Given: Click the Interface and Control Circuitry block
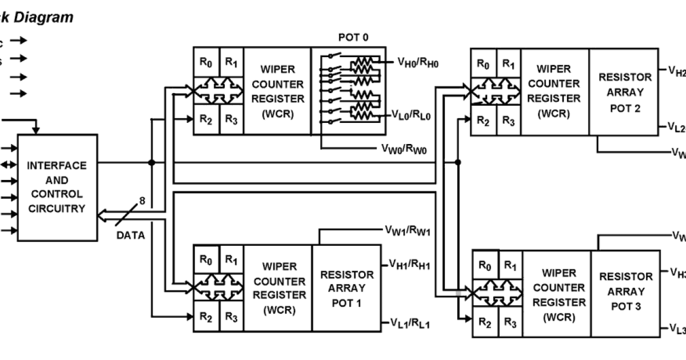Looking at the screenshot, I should pyautogui.click(x=57, y=187).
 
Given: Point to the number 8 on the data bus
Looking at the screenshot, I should pyautogui.click(x=142, y=201).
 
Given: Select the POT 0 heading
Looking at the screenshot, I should pyautogui.click(x=353, y=38).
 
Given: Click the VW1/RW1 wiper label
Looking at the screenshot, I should pyautogui.click(x=406, y=231).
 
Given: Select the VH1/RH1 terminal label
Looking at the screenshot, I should pyautogui.click(x=409, y=264).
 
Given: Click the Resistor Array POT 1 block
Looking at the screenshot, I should pyautogui.click(x=346, y=289).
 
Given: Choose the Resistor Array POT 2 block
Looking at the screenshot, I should pyautogui.click(x=625, y=93).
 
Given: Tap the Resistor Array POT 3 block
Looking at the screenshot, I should pyautogui.click(x=625, y=291).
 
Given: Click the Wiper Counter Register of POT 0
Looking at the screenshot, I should pyautogui.click(x=277, y=91).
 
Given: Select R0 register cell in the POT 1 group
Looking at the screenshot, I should pyautogui.click(x=206, y=259).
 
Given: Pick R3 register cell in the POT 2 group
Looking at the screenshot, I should pyautogui.click(x=508, y=121).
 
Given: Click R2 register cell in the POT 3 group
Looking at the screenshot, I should pyautogui.click(x=485, y=323).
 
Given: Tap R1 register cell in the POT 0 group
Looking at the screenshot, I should pyautogui.click(x=232, y=62).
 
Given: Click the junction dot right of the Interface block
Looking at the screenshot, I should pyautogui.click(x=151, y=163).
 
